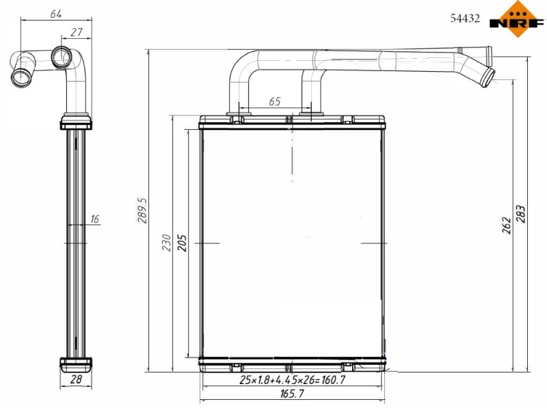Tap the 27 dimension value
pos(77,32)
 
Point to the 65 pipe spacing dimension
pos(274,101)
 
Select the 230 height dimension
pos(166,243)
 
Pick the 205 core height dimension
pos(182,243)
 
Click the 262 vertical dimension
pos(507,225)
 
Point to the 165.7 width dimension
pos(292,394)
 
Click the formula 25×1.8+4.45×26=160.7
pos(292,379)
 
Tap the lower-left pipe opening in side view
pos(21,74)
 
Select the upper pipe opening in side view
pos(61,55)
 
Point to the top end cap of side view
pos(75,123)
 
